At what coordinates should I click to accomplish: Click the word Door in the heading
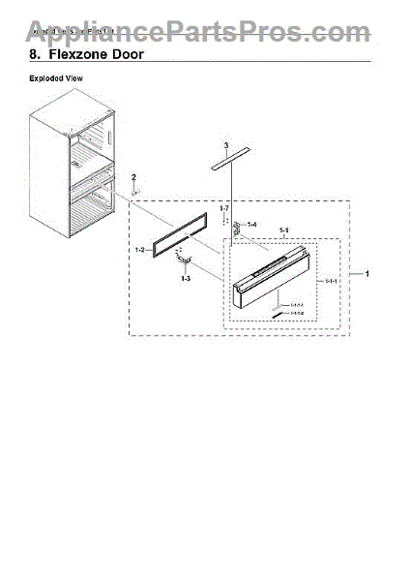click(130, 55)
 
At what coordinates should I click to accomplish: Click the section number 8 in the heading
click(34, 55)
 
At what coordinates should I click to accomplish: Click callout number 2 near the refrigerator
click(134, 176)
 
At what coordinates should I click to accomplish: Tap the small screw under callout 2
click(134, 191)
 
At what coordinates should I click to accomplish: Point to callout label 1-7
click(222, 208)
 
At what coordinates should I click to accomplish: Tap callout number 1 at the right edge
click(366, 274)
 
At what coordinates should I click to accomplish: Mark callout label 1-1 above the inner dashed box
click(284, 230)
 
